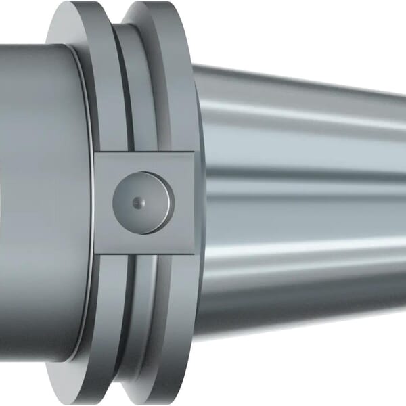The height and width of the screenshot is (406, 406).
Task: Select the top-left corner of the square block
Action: (95, 152)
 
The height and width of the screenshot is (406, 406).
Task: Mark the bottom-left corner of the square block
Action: (95, 254)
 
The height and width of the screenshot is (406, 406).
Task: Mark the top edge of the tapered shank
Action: (304, 76)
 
